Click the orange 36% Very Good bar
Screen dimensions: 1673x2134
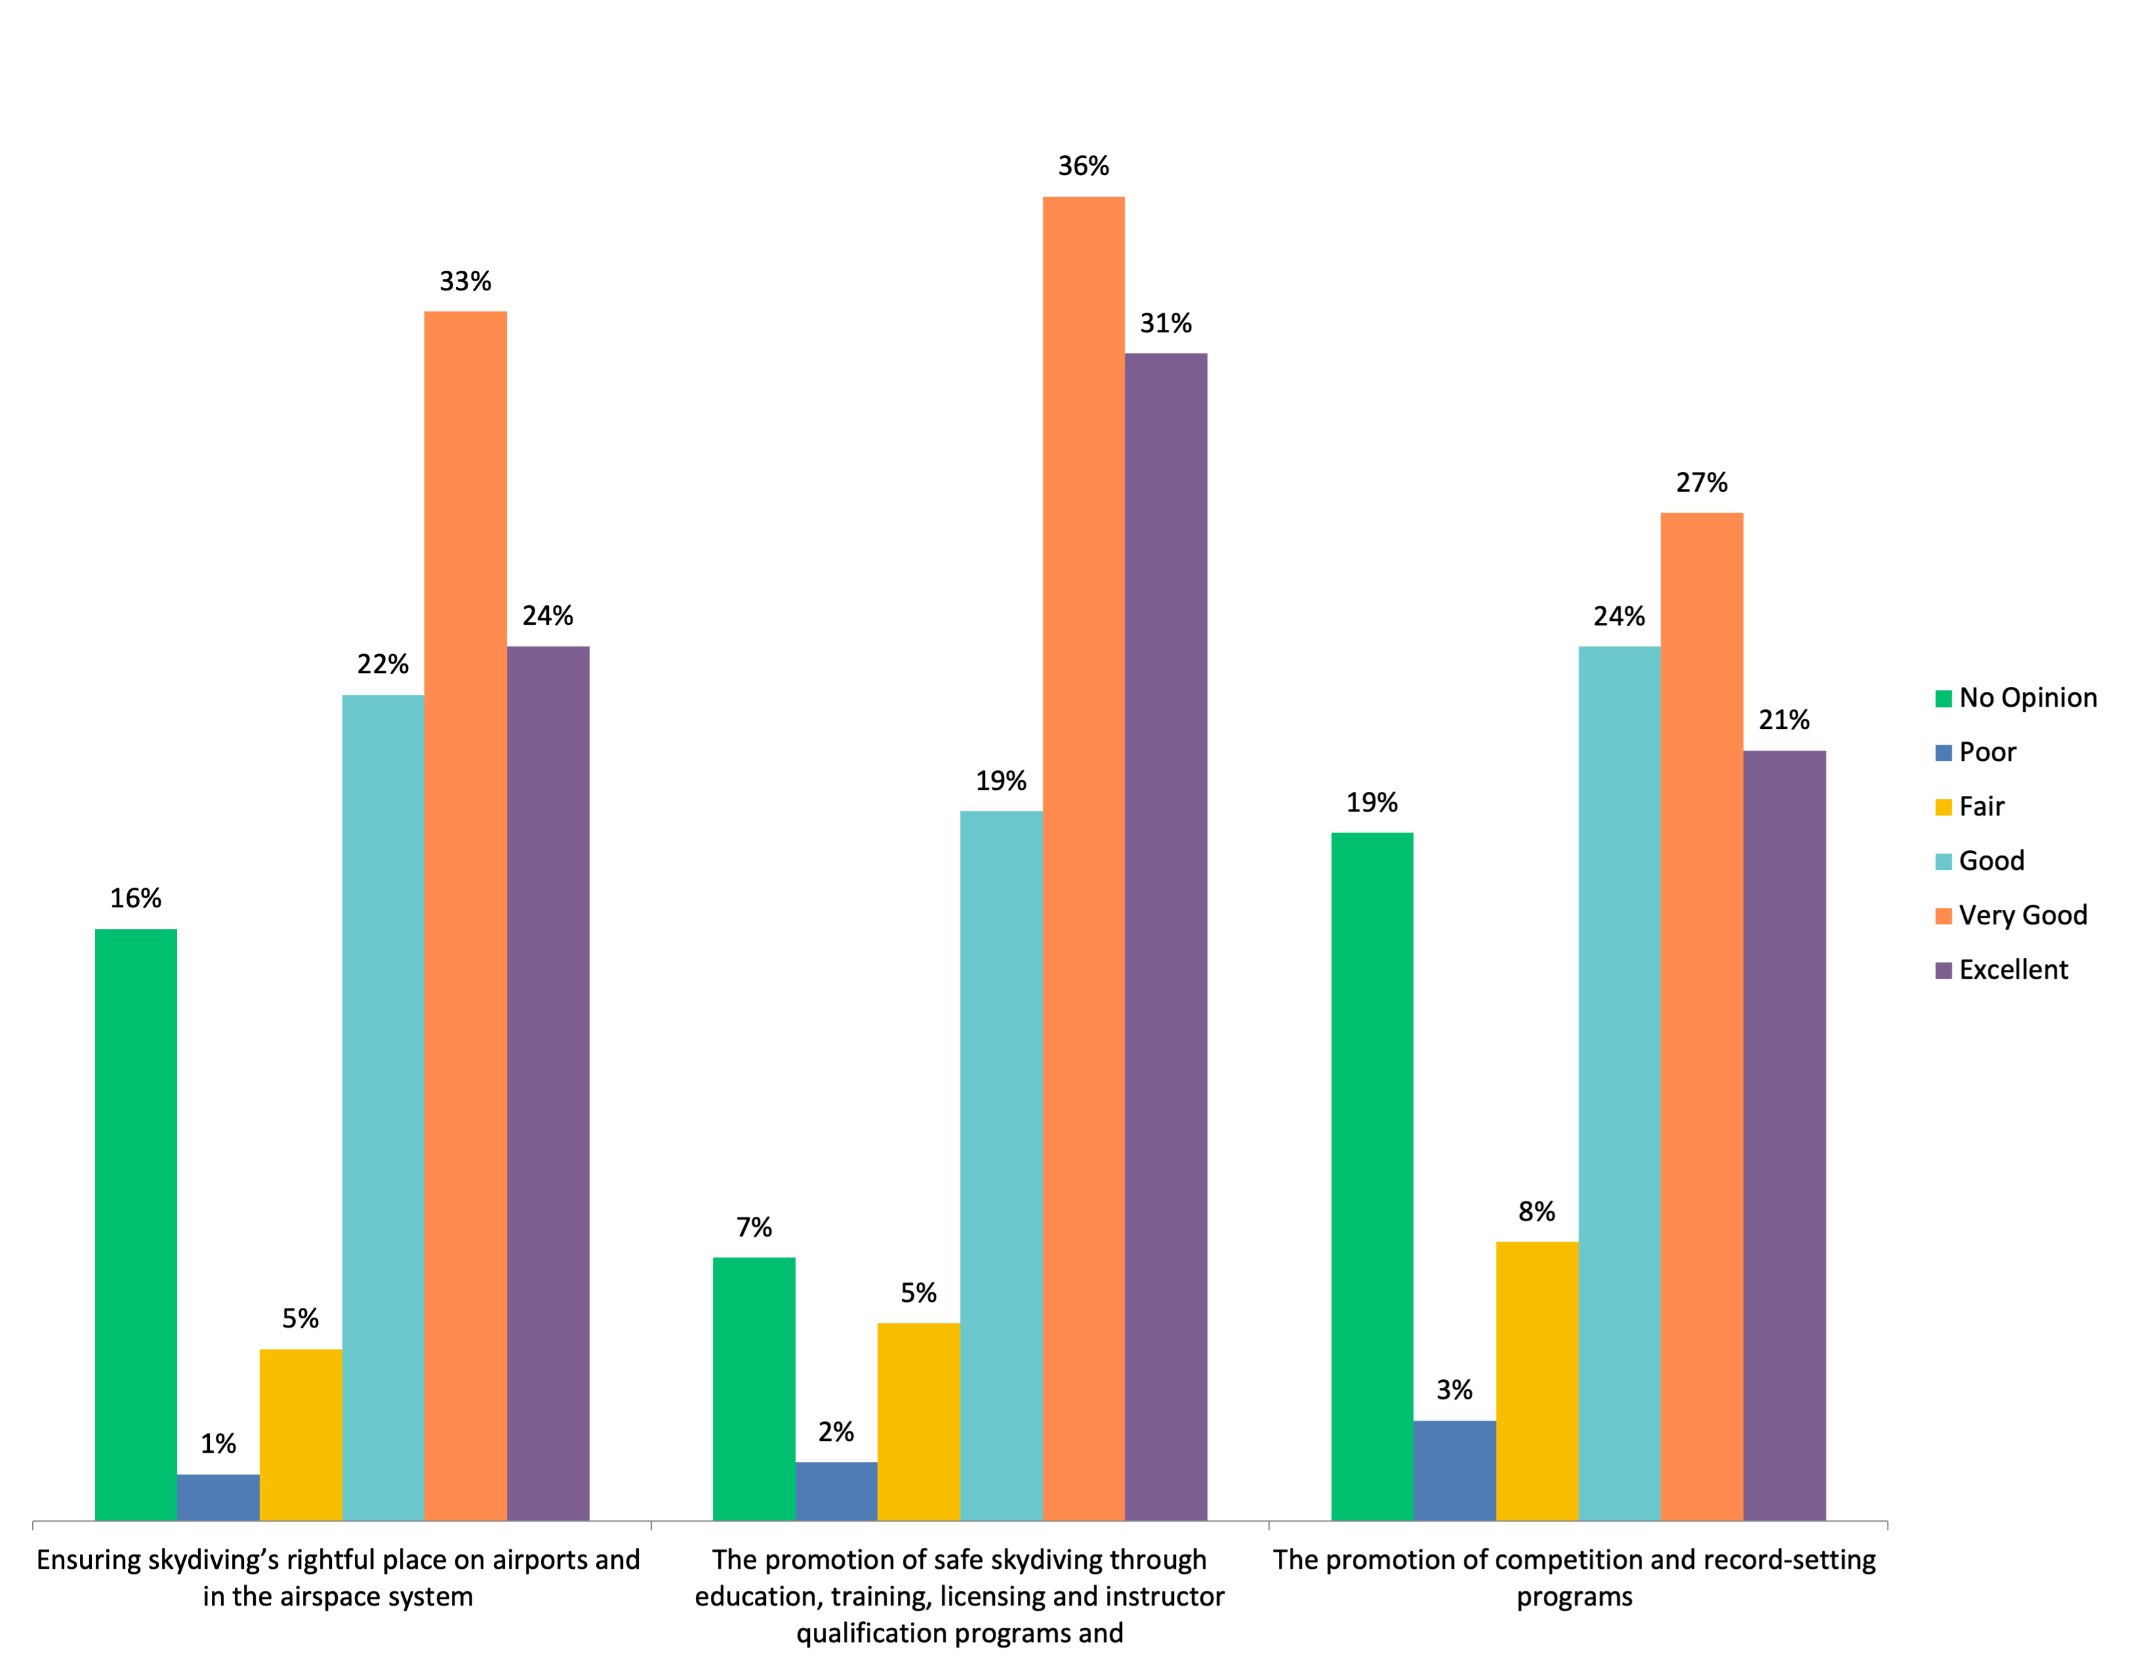pos(1083,858)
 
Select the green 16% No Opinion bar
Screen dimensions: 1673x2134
pos(136,1225)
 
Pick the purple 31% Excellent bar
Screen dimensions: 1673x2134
pos(1166,936)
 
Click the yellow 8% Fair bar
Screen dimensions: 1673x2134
pos(1537,1381)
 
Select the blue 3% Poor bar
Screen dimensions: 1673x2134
pos(1455,1470)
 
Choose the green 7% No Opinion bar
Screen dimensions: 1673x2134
pos(754,1389)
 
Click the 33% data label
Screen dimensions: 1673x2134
pos(466,282)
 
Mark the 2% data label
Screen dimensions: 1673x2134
pos(835,1432)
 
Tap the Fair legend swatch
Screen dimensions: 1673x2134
pos(1944,807)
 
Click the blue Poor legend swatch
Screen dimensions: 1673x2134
pos(1944,753)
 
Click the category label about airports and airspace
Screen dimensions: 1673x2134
pos(338,1578)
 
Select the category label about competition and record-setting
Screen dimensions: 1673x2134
pos(1575,1578)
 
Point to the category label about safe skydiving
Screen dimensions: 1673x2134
pos(960,1596)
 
